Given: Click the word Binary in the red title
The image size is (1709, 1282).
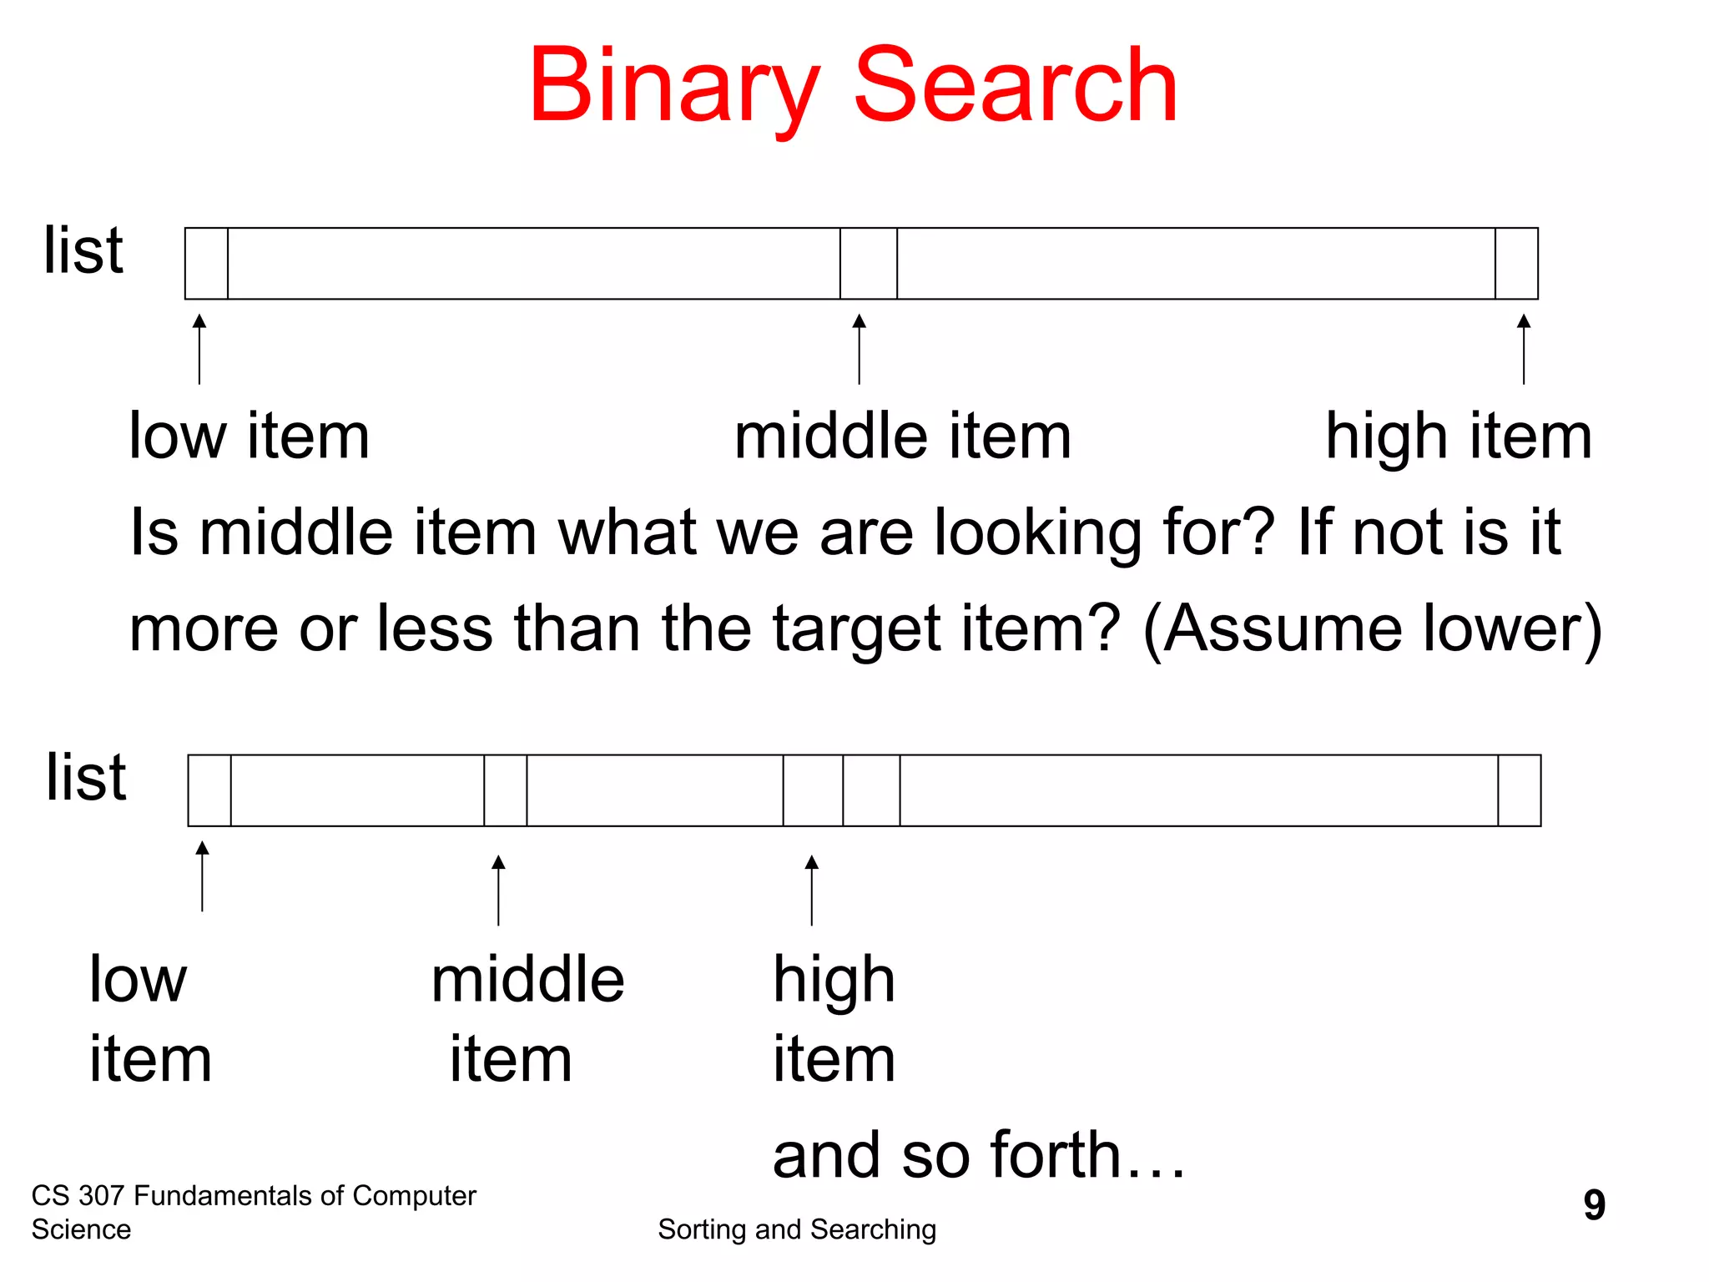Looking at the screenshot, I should pos(673,87).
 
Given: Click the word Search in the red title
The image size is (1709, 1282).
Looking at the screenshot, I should pos(1016,87).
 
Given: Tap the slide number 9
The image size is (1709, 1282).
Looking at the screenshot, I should pos(1594,1204).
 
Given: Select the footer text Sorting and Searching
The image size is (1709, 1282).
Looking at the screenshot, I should pos(797,1229).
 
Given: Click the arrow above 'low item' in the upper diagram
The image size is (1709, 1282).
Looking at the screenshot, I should pos(199,349).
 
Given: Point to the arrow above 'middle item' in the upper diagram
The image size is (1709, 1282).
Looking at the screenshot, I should pos(860,349).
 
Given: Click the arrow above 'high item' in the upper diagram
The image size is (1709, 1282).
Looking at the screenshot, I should pos(1524,349).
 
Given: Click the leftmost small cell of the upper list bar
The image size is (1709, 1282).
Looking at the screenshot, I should pos(207,264).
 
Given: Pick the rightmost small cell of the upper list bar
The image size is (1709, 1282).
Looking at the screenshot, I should pos(1516,264).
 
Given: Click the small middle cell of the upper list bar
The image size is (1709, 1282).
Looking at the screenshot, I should pos(869,264).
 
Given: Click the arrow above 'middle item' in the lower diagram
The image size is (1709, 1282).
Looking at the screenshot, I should pos(498,890).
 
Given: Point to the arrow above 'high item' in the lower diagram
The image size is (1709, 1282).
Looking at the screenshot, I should pos(812,890).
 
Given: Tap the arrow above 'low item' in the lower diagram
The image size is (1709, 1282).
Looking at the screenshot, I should pos(202,876).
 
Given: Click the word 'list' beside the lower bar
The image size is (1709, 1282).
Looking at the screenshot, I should pos(86,777).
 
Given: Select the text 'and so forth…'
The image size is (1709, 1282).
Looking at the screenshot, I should pos(978,1155).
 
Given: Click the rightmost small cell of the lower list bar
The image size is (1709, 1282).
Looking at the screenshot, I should pos(1519,790).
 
